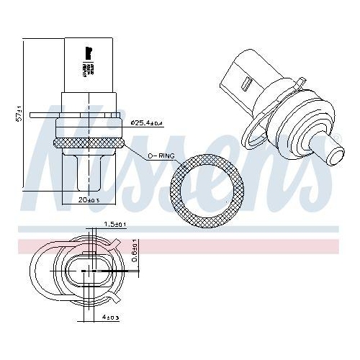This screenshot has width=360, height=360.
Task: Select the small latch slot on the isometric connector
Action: click(x=248, y=84)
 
